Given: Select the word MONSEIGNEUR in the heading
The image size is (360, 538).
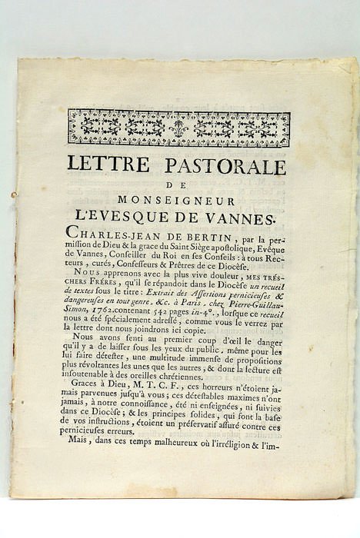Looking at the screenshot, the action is [178, 198].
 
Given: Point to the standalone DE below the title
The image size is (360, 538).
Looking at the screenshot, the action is [177, 184].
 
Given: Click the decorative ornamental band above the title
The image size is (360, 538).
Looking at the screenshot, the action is [178, 127].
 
